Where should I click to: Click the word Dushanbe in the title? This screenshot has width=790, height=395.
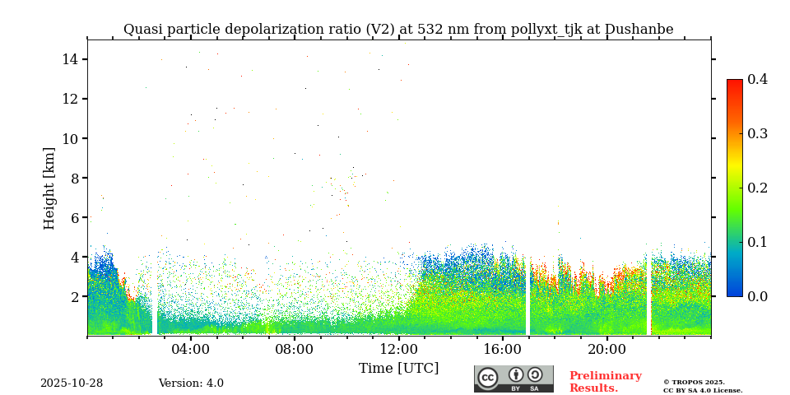639,30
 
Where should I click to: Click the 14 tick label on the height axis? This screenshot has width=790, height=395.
69,59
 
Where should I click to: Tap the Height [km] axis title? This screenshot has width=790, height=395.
50,188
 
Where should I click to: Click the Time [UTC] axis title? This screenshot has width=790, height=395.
398,368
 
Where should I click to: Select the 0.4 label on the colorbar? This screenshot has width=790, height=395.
757,79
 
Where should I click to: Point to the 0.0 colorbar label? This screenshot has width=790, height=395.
757,296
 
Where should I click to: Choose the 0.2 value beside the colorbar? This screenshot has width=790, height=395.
757,188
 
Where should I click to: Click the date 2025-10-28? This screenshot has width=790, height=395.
72,383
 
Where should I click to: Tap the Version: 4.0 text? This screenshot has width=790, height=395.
191,383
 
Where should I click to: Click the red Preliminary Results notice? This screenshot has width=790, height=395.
605,382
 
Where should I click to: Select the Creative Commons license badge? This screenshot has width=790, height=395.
513,379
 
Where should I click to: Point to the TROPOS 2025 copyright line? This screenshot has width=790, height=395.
694,382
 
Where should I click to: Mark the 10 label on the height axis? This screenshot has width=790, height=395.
69,138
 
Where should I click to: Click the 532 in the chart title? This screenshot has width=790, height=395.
430,30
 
